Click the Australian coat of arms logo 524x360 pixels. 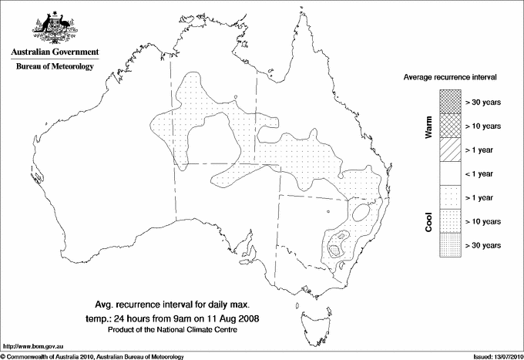[x=55, y=25]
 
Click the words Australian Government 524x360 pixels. [x=55, y=52]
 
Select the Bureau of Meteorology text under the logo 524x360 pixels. [x=55, y=66]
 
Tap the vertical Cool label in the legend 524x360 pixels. [x=428, y=221]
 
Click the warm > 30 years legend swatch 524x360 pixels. [x=450, y=102]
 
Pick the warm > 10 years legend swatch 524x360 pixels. [x=450, y=126]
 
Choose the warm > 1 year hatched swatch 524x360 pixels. [x=450, y=150]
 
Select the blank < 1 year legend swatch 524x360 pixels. [x=450, y=173]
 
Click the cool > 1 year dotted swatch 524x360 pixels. [x=450, y=197]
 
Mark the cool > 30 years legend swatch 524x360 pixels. [x=450, y=245]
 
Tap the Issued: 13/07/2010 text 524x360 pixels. [x=493, y=355]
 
